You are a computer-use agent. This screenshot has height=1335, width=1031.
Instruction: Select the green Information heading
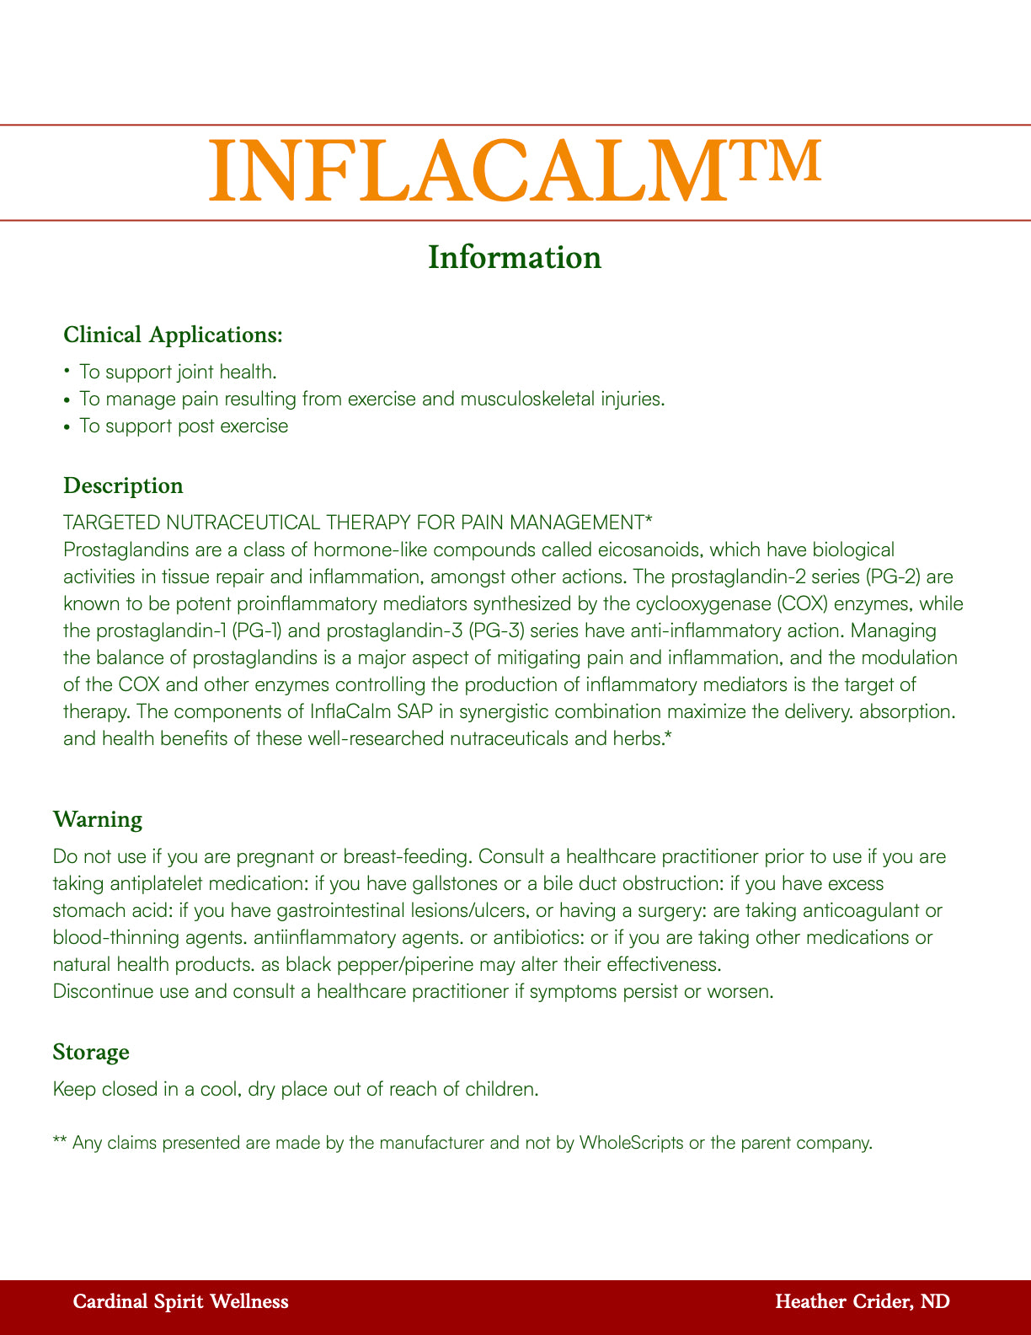515,257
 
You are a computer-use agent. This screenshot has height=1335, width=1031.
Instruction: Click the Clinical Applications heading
173,335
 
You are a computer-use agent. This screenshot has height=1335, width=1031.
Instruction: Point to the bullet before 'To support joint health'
67,372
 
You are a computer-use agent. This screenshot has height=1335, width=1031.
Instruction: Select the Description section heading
123,485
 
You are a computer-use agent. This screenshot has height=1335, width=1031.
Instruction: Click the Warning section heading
97,819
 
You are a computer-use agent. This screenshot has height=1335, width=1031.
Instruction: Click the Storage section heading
90,1052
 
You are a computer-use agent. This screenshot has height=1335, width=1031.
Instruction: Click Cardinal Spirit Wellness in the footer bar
181,1302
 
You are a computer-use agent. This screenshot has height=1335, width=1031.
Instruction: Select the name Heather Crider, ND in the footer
863,1302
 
